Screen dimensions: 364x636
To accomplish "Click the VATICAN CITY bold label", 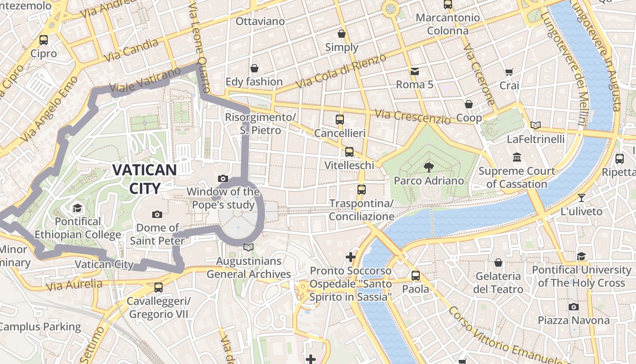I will point(144,179).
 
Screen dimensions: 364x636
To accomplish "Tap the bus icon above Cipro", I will point(44,40).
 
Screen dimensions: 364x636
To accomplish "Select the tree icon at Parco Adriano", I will point(428,167).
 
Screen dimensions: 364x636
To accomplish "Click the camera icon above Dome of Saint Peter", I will point(157,214).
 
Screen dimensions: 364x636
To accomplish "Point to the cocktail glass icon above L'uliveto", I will point(581,198).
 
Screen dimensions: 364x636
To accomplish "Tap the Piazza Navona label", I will point(574,320).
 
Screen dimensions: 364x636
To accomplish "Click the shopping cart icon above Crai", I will point(509,72).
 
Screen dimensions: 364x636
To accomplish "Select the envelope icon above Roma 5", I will point(414,71).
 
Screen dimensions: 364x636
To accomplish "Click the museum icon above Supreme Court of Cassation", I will point(517,157).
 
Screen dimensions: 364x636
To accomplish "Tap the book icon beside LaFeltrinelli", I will point(536,125).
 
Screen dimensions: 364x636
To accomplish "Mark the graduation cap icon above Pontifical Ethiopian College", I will point(77,208).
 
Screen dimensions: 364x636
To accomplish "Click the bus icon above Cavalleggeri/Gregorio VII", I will point(158,288).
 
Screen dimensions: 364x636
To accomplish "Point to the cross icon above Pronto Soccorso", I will point(350,257).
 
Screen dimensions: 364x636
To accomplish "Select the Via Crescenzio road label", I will point(413,117).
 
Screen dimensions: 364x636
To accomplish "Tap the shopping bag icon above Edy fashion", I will point(254,68).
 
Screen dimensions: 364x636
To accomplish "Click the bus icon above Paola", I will point(415,276).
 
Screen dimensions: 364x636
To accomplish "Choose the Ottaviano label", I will point(260,21).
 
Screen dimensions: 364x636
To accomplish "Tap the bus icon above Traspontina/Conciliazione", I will point(362,189).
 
